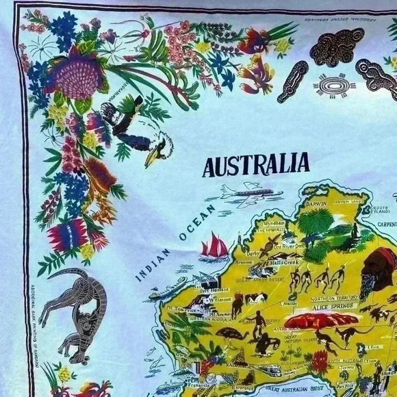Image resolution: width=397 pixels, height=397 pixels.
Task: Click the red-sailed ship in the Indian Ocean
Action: (x=214, y=246)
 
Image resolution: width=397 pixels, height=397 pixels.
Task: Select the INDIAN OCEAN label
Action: (x=172, y=241)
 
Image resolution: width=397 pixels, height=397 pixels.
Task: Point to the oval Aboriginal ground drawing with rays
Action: (x=335, y=87)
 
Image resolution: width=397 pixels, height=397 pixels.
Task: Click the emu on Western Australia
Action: (x=233, y=336)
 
